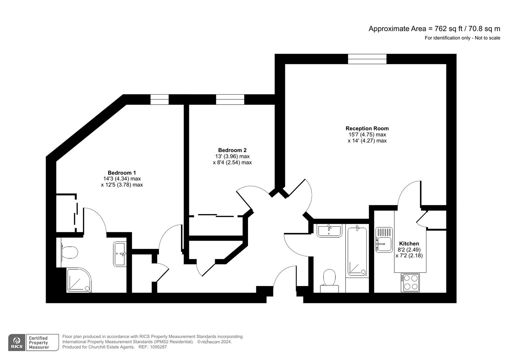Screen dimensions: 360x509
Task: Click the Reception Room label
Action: [x=367, y=128]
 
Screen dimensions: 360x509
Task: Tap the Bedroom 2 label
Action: [x=232, y=150]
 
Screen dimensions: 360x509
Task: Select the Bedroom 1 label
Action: [x=122, y=173]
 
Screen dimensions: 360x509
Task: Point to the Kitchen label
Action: [x=409, y=244]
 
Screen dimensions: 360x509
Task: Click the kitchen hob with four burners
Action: [x=410, y=282]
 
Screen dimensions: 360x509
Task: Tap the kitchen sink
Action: [x=384, y=240]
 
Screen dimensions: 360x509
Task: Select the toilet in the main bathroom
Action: [x=329, y=280]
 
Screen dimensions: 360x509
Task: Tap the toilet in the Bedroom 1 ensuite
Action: [x=69, y=252]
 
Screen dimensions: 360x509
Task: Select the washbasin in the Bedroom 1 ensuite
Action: [x=120, y=254]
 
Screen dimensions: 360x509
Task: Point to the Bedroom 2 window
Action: [x=230, y=99]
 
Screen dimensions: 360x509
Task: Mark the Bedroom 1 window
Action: [x=159, y=99]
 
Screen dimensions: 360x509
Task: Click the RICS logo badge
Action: [x=16, y=342]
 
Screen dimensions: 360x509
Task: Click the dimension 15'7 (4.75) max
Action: [x=367, y=135]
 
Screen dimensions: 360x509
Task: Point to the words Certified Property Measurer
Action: [x=39, y=343]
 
